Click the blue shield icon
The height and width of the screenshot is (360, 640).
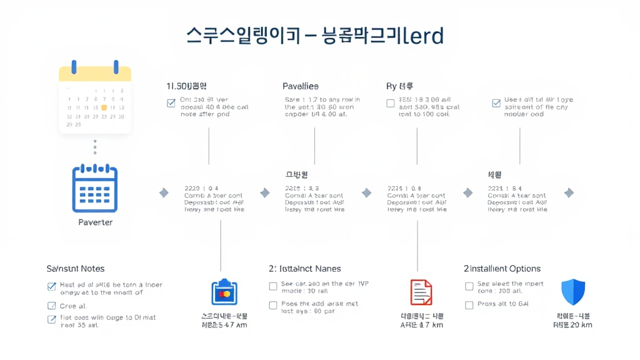pos(573,292)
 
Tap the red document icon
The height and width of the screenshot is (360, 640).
pos(421,292)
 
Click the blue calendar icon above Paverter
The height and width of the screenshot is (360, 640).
pos(95,188)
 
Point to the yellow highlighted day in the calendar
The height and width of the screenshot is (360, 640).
pos(104,107)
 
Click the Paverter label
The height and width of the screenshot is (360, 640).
pos(95,222)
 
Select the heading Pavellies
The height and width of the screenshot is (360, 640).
pos(300,86)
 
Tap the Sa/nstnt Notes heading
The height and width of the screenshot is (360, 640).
pos(76,269)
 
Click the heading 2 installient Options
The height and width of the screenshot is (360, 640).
pos(502,269)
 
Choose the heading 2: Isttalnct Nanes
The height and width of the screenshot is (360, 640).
pos(305,269)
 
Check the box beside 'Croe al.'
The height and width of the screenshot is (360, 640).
pos(52,306)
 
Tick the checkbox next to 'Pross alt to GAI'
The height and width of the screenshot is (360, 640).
pos(469,305)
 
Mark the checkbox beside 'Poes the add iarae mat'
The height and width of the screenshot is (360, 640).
pos(273,305)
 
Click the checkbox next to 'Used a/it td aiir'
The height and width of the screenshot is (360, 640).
pos(496,103)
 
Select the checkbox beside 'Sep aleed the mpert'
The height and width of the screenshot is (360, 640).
pos(469,286)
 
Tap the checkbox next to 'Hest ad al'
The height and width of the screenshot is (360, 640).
pos(52,287)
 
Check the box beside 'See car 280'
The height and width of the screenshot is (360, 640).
pos(273,286)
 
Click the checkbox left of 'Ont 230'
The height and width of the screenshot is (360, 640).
pos(171,103)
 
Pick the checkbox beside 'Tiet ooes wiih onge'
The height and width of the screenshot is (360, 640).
pos(52,319)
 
